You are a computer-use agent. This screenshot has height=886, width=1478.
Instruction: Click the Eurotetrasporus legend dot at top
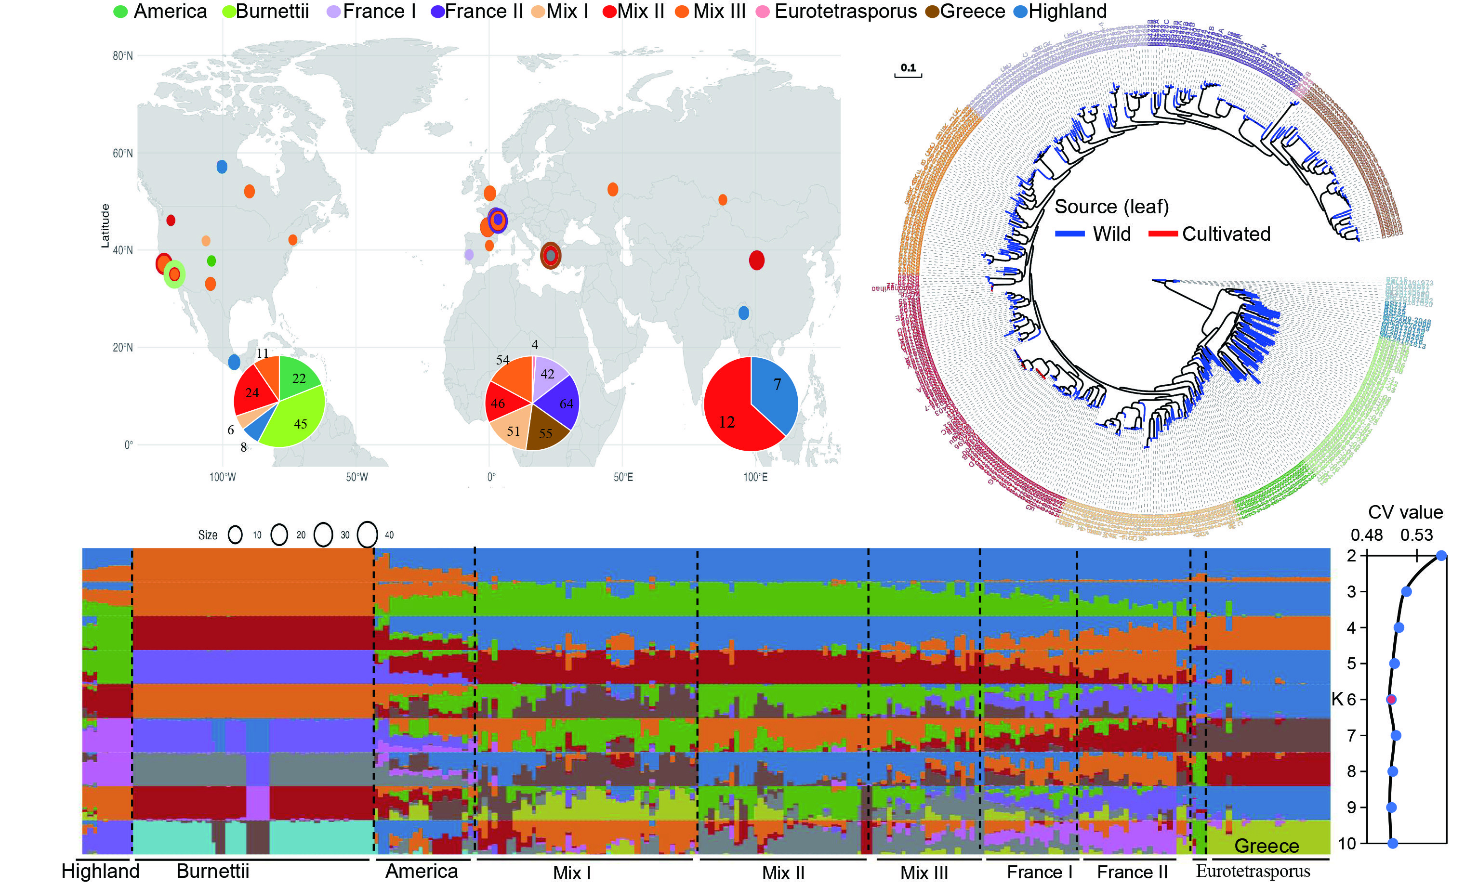[x=763, y=12]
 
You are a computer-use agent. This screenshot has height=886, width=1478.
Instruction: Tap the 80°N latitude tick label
[x=122, y=56]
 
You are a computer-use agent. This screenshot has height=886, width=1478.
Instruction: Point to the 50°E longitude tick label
[x=623, y=477]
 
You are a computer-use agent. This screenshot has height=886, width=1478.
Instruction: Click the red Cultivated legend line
[x=1162, y=234]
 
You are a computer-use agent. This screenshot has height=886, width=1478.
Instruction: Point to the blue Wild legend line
[x=1069, y=234]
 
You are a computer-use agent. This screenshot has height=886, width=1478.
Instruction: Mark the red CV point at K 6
[x=1391, y=699]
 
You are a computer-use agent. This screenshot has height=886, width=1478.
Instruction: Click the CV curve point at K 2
[x=1441, y=556]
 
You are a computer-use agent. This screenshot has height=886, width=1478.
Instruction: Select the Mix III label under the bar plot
[x=924, y=873]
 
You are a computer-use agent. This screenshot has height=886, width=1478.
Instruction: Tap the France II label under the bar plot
[x=1132, y=872]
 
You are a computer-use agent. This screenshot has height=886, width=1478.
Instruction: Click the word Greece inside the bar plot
[x=1266, y=846]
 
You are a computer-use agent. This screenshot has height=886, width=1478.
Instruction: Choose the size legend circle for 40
[x=367, y=534]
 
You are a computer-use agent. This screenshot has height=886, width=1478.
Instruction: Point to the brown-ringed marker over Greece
[x=551, y=256]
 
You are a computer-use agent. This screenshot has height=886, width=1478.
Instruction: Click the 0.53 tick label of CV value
[x=1416, y=535]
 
